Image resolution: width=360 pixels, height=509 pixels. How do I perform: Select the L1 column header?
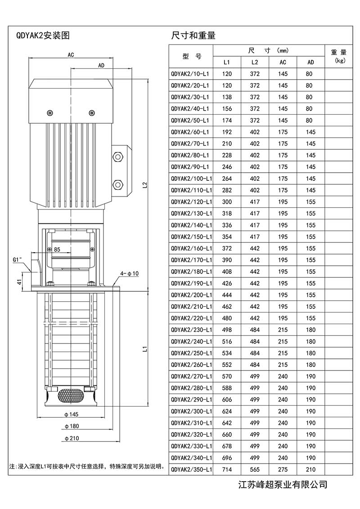click(227, 62)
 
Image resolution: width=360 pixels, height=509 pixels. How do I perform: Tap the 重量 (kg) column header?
click(338, 56)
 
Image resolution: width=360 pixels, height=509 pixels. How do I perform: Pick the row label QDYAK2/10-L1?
click(190, 74)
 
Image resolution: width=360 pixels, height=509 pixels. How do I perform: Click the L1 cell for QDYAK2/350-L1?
click(227, 469)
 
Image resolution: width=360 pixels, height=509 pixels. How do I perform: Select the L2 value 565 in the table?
click(255, 469)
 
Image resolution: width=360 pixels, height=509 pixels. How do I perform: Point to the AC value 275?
click(283, 469)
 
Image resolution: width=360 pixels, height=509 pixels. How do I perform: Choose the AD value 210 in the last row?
click(310, 469)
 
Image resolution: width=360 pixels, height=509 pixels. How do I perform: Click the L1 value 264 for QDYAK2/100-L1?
click(227, 179)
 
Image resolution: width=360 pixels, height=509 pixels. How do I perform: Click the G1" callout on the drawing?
click(18, 259)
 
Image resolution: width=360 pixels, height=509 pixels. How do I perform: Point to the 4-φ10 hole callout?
click(130, 273)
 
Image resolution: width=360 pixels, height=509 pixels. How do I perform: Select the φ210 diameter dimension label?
click(72, 438)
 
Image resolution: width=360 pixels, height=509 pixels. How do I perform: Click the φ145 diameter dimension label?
click(72, 414)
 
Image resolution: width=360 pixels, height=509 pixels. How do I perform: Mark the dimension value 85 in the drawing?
click(57, 249)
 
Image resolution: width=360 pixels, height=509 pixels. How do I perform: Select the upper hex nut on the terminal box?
click(118, 156)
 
